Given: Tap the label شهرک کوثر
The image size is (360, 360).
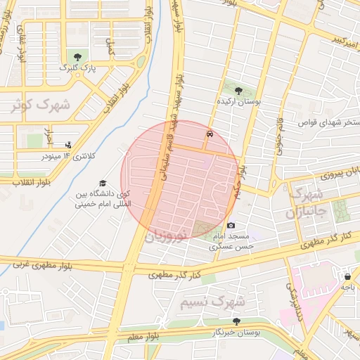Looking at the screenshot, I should [x=40, y=105].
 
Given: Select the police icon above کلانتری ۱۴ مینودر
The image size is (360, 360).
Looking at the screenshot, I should [x=67, y=144].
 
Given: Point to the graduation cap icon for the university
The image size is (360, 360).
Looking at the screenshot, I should [x=103, y=183].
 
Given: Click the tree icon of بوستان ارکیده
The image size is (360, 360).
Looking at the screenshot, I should [x=238, y=91].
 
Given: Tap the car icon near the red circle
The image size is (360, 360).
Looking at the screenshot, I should [x=210, y=132].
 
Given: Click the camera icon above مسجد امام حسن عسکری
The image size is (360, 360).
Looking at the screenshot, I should [x=231, y=225].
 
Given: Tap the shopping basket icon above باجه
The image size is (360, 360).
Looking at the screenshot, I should [x=348, y=276].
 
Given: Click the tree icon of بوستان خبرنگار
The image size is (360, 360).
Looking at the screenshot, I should [x=236, y=321].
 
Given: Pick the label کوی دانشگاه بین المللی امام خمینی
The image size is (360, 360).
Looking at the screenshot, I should [x=103, y=200].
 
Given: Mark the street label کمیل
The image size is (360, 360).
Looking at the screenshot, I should [x=110, y=48].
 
